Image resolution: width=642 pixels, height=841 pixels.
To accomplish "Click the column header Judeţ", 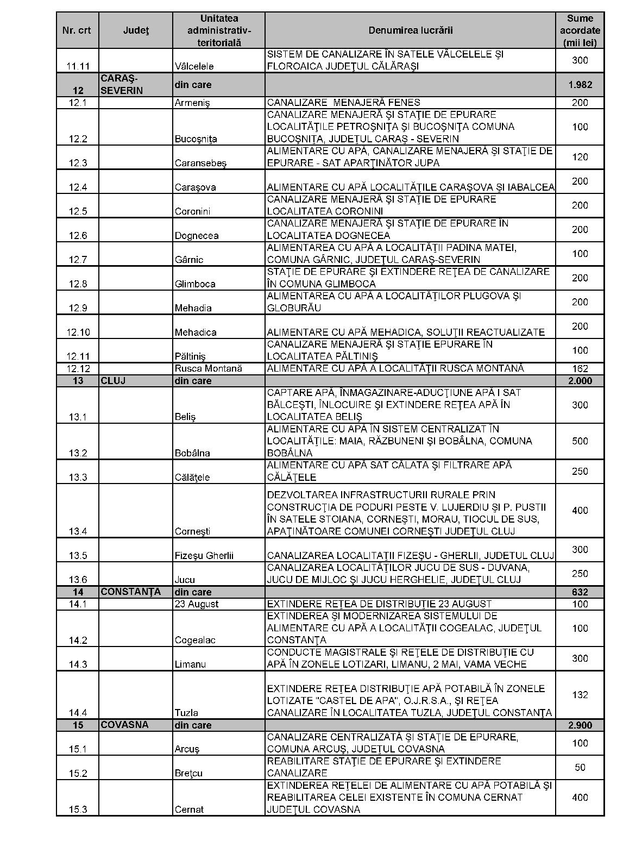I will point(136,30).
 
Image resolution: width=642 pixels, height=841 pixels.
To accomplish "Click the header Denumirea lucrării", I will point(410,30).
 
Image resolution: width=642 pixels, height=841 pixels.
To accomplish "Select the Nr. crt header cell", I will point(77,30).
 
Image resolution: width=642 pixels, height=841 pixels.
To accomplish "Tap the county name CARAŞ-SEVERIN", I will point(121,85).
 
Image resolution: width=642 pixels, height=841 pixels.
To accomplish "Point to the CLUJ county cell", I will point(113,381).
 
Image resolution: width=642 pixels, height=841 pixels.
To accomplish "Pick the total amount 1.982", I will point(580,85).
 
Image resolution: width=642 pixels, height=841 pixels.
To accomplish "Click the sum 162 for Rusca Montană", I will point(580,368).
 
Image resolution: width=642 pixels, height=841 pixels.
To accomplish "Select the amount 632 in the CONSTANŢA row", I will point(580,592).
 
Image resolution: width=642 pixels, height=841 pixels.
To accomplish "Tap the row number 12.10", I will point(78,332).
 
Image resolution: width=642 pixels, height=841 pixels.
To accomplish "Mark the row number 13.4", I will point(78,531).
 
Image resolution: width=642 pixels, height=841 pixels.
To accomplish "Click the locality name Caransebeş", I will point(200,163).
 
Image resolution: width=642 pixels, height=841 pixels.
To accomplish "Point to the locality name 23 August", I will point(197,604).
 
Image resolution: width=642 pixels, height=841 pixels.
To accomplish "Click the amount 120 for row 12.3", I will point(580,157).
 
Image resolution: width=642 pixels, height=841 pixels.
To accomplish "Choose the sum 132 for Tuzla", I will point(580,695).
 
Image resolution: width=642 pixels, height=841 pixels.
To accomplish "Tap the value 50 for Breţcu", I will point(580,767).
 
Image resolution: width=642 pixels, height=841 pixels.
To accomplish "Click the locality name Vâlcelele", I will point(194,66).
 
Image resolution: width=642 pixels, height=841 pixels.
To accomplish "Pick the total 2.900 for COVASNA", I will point(580,725).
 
